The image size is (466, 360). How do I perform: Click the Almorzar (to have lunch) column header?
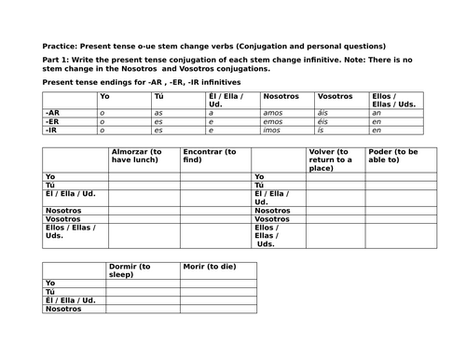tap(139, 156)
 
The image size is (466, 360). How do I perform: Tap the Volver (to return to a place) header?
tap(332, 156)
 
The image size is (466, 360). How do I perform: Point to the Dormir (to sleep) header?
tap(130, 271)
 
